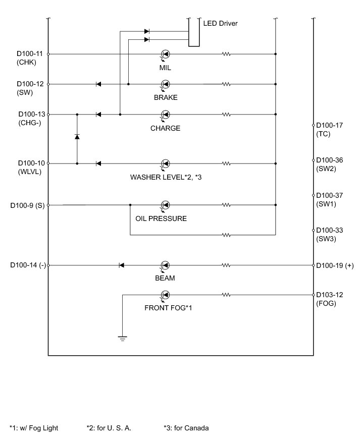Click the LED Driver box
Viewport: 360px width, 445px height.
tap(194, 32)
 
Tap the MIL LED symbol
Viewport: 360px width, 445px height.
tap(165, 54)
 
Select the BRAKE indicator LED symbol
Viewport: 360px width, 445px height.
tap(165, 84)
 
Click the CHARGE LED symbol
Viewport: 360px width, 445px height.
tap(165, 115)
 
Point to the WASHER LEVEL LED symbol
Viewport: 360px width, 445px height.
tap(165, 163)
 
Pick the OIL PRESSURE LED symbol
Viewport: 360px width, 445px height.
tap(165, 205)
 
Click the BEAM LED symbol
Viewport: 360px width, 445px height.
tap(165, 265)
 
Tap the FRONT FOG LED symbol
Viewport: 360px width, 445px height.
tap(165, 295)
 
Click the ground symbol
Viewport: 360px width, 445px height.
tap(122, 338)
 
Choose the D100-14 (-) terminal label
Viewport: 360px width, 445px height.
tap(28, 265)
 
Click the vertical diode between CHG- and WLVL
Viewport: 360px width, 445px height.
tap(77, 137)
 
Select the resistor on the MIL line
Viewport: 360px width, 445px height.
tap(227, 54)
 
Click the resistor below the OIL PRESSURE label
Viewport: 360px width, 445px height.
tap(227, 235)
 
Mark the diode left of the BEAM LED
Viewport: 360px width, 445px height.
tap(121, 265)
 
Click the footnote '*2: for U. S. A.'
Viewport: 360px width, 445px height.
tap(109, 428)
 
